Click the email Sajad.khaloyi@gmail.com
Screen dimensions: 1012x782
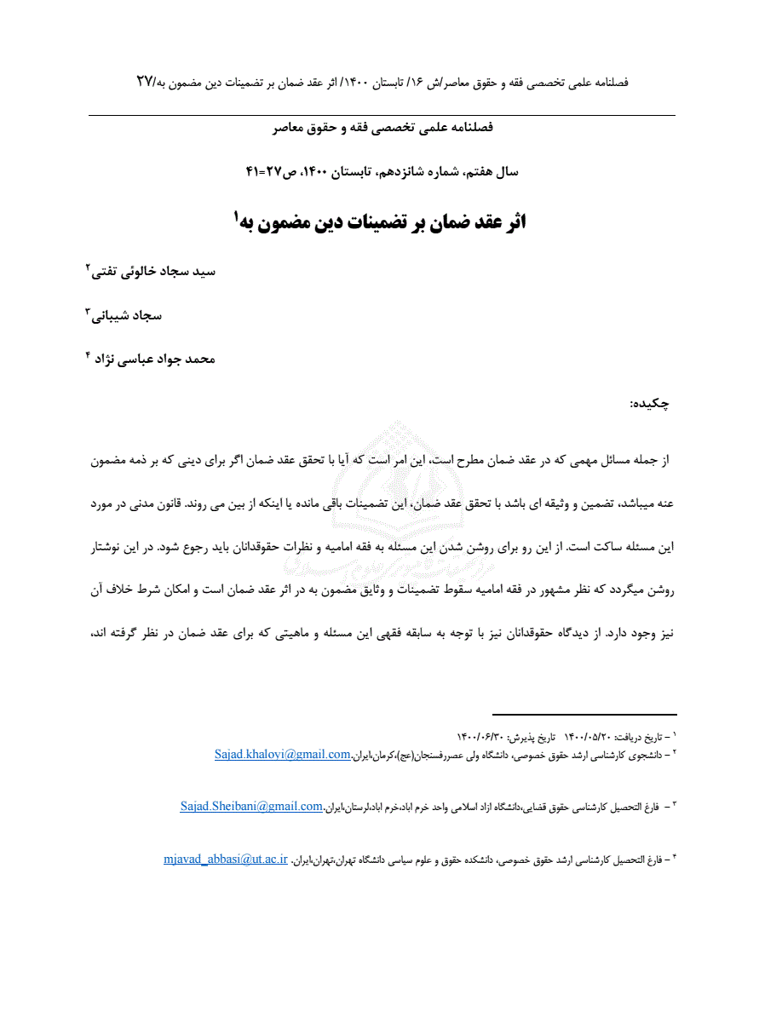point(283,754)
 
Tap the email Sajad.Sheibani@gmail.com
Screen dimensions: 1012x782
point(251,806)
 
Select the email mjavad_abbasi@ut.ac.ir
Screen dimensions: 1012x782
point(226,859)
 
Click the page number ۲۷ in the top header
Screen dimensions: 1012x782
point(146,82)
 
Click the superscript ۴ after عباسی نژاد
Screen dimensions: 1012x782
point(87,354)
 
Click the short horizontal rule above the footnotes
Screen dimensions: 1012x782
point(584,715)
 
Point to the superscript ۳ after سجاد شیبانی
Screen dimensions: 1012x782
point(87,311)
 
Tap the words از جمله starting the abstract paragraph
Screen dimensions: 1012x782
point(654,459)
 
